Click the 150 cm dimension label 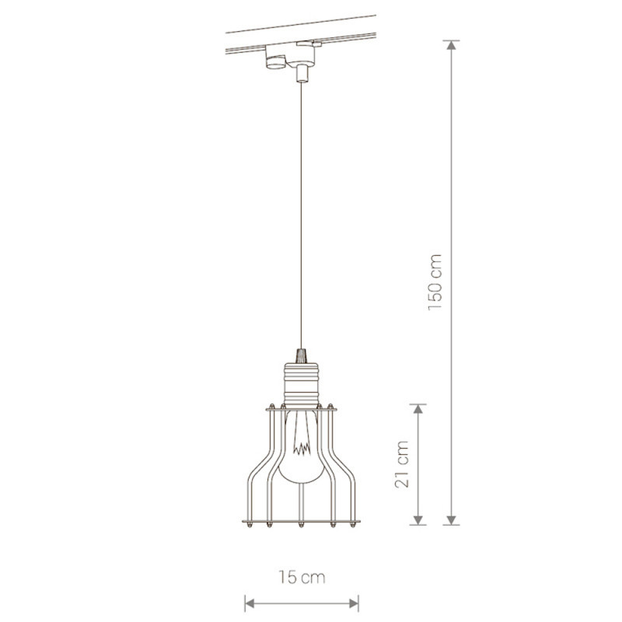(435, 282)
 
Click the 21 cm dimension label (402, 464)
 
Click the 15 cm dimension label (302, 577)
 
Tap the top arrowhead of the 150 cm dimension (451, 44)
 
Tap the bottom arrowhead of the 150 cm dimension (451, 520)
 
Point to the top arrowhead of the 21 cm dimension (418, 409)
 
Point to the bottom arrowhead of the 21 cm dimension (418, 520)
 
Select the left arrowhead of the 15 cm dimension (250, 604)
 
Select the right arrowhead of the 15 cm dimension (354, 604)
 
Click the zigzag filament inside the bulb (302, 449)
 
